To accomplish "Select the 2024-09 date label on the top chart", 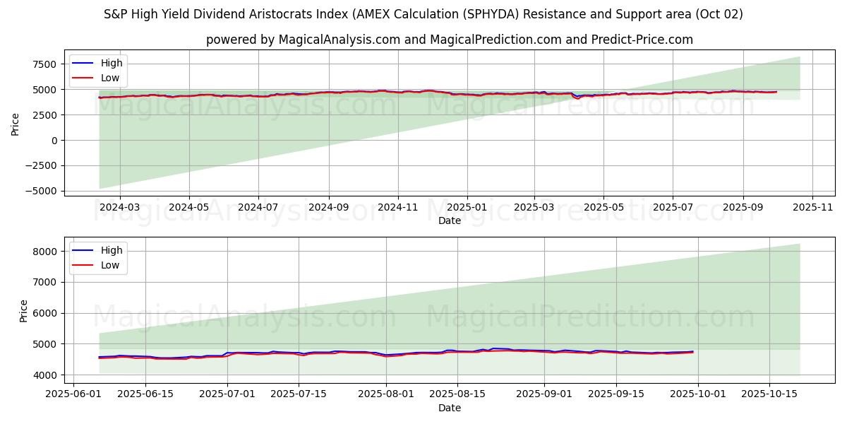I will click(329, 208).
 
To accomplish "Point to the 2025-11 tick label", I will click(812, 208).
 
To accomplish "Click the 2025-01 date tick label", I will click(467, 208).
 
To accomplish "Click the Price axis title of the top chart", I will click(16, 123).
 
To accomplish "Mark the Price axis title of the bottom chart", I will click(23, 310).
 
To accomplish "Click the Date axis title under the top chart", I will click(450, 220).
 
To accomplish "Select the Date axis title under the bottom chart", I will click(450, 408).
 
